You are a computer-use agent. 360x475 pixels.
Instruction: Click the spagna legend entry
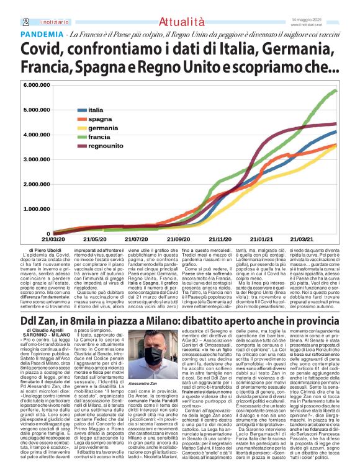click(100, 118)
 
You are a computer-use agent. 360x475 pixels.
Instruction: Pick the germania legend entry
click(103, 127)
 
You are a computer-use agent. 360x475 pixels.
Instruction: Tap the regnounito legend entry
click(106, 146)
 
